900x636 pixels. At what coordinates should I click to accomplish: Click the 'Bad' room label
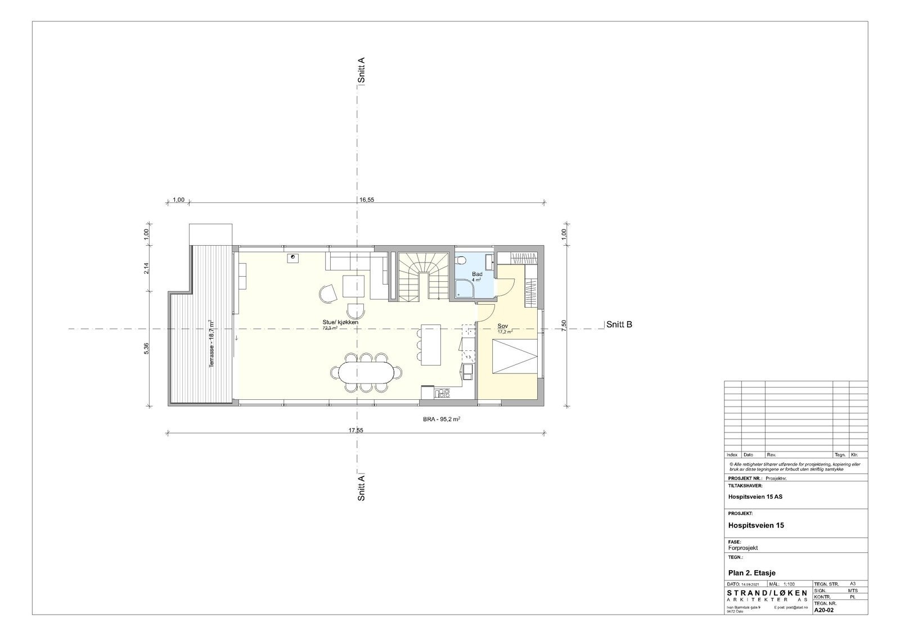[x=477, y=274]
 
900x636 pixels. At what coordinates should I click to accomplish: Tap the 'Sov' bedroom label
[x=503, y=326]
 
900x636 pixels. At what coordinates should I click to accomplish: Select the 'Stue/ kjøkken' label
[x=340, y=322]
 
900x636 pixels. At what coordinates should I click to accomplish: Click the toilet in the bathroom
[x=461, y=260]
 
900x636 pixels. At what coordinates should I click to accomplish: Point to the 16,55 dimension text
[x=367, y=199]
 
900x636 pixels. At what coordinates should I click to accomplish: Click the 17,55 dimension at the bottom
[x=356, y=430]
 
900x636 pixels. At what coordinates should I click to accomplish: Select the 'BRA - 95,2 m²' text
[x=443, y=420]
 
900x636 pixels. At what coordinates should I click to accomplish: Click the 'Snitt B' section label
[x=619, y=324]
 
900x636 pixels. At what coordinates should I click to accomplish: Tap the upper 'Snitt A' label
[x=362, y=70]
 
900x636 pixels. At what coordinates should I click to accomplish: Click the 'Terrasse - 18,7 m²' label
[x=211, y=344]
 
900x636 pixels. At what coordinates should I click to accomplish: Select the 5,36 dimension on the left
[x=147, y=348]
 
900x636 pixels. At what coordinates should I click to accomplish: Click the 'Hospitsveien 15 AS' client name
[x=755, y=497]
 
